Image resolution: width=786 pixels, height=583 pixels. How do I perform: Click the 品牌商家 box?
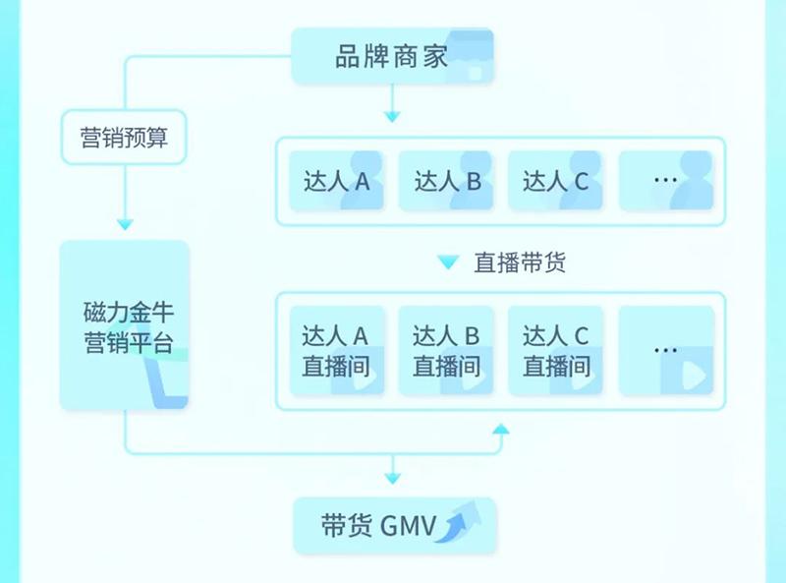click(x=392, y=55)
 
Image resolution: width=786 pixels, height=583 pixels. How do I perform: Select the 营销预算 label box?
click(x=124, y=137)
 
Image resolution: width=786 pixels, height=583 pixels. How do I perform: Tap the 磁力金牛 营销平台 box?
click(x=124, y=325)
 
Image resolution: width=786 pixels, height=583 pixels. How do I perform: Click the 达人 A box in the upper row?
click(x=336, y=181)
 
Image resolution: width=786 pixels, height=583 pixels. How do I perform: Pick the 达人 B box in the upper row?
click(x=446, y=181)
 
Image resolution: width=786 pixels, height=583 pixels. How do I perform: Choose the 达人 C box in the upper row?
click(x=555, y=181)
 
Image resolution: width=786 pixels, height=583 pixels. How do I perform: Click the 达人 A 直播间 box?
click(x=336, y=351)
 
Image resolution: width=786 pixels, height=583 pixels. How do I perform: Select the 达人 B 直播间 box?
click(x=446, y=351)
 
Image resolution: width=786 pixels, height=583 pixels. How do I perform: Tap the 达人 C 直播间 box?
click(x=555, y=351)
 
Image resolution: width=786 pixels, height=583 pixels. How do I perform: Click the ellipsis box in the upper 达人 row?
click(x=665, y=181)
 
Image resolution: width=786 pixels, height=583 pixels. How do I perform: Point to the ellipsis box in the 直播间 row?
click(x=665, y=351)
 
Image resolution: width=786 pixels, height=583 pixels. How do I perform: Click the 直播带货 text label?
click(x=520, y=263)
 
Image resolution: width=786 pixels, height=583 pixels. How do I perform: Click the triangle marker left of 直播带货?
click(x=448, y=263)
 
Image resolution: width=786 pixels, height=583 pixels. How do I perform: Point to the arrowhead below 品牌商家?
click(x=392, y=117)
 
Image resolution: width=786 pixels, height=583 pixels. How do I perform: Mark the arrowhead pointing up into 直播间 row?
click(x=501, y=429)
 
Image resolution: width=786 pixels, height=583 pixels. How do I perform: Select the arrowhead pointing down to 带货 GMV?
click(x=393, y=478)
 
